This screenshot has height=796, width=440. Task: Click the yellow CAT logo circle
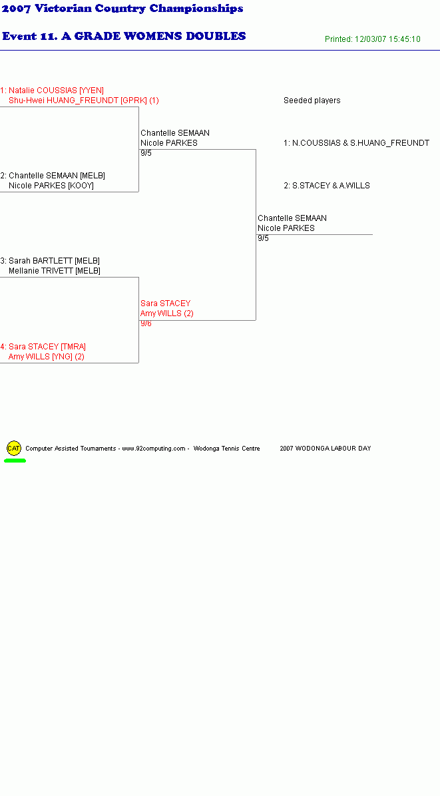[x=14, y=449]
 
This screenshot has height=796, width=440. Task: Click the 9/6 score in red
[x=146, y=323]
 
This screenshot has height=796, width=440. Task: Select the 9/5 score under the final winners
[x=264, y=238]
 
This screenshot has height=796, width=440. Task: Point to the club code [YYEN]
[x=91, y=91]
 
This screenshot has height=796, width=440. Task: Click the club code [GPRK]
[x=134, y=100]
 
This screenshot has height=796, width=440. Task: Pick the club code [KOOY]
[x=81, y=186]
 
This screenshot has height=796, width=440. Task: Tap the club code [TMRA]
[x=73, y=347]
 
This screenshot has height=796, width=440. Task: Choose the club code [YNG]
[x=62, y=357]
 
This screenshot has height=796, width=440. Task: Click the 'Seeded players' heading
[x=312, y=100]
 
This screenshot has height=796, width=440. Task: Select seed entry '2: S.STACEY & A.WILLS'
[x=327, y=186]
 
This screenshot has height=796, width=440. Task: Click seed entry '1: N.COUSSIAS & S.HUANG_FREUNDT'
[x=356, y=143]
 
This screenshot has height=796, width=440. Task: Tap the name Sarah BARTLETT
[x=41, y=261]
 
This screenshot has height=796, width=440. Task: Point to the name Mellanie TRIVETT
[x=41, y=271]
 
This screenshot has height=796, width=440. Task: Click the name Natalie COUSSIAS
[x=43, y=91]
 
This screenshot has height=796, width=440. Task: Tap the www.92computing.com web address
[x=154, y=449]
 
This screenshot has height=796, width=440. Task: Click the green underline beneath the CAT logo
[x=15, y=461]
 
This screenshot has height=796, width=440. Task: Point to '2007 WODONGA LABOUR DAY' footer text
[x=326, y=449]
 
